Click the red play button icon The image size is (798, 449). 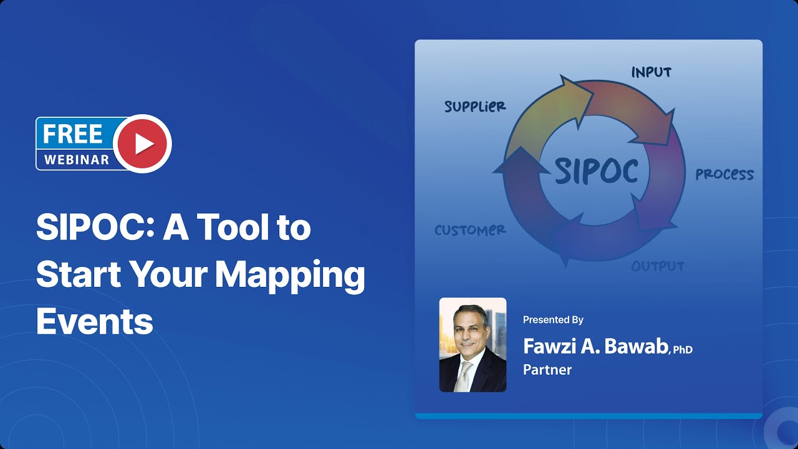143,143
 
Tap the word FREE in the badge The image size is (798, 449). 73,133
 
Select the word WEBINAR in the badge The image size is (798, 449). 77,160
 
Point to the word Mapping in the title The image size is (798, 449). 290,275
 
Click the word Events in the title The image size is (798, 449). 94,322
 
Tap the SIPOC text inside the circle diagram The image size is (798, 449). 596,170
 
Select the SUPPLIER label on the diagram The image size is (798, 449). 475,107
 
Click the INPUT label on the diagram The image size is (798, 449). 651,72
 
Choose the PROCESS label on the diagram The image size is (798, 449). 724,175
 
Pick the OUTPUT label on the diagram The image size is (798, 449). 658,266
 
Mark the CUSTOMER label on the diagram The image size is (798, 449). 470,230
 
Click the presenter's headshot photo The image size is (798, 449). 473,344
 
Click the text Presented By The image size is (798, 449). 553,320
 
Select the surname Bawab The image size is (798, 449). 636,347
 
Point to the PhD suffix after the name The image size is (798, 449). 683,350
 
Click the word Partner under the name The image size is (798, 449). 547,370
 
